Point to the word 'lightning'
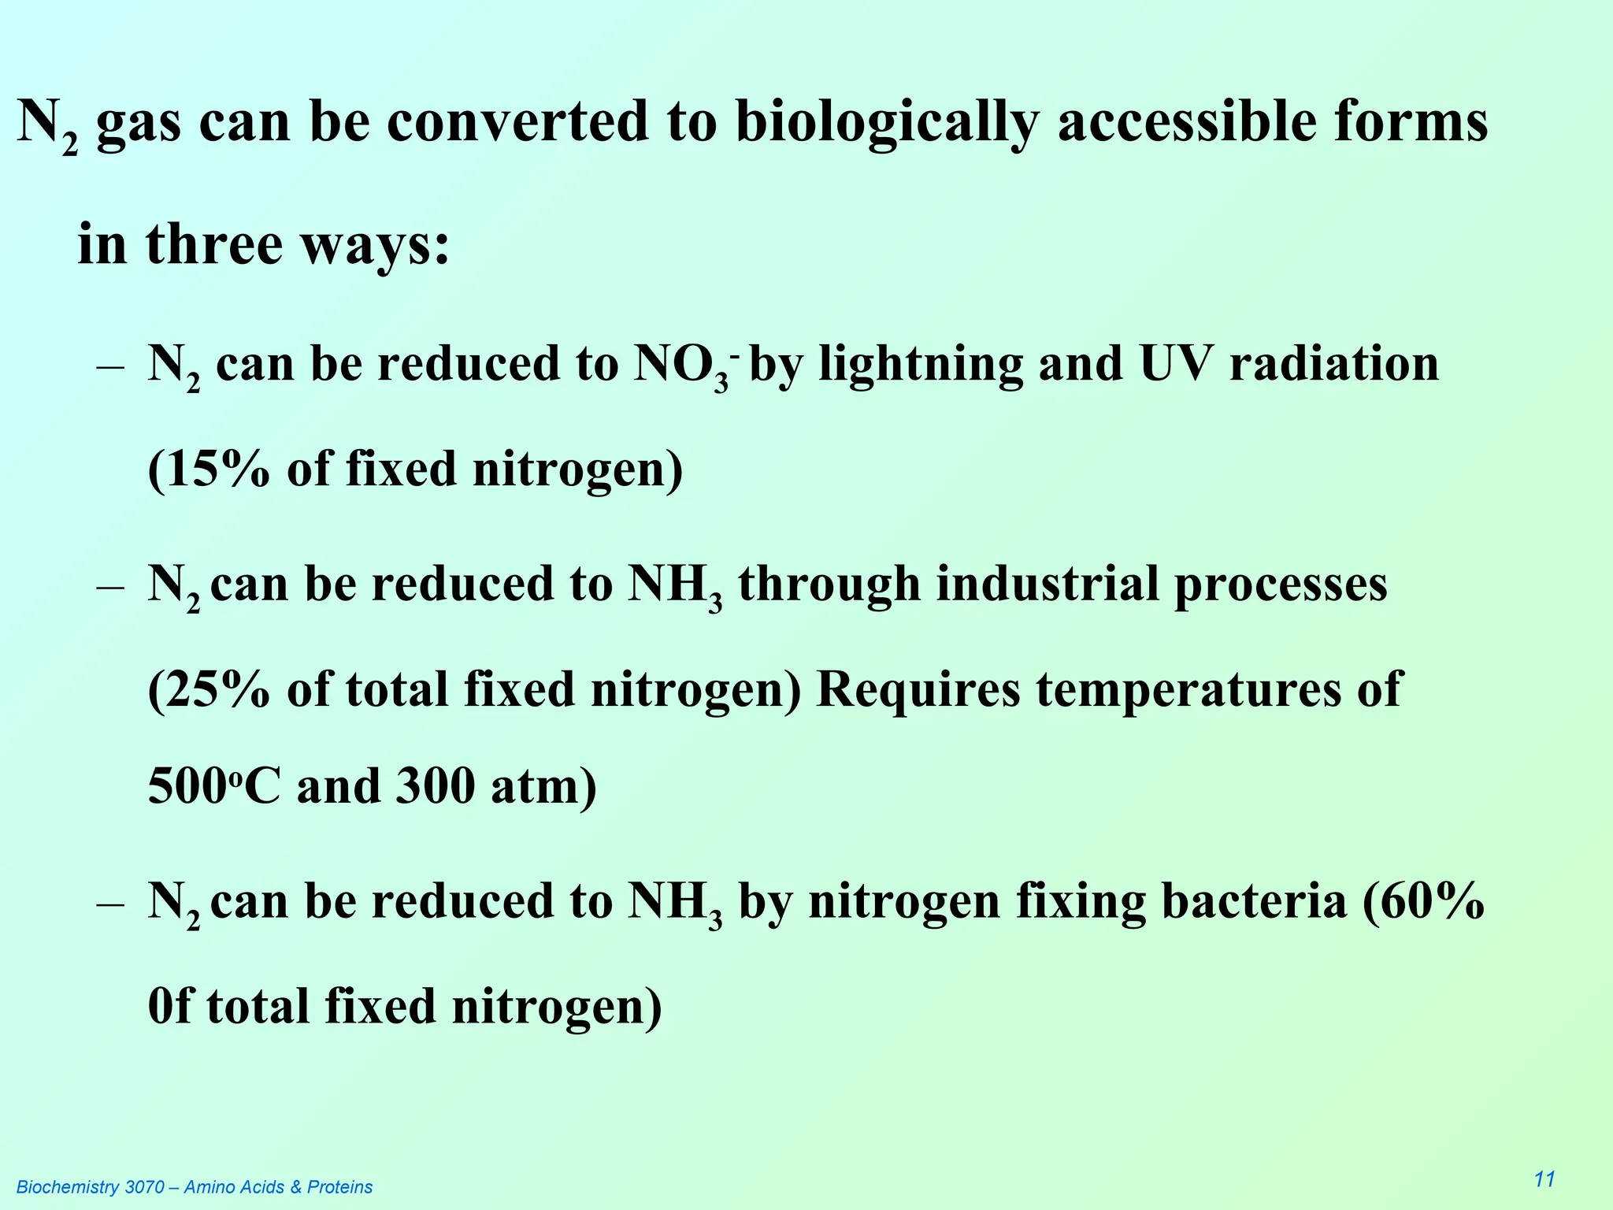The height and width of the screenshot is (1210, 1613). [920, 366]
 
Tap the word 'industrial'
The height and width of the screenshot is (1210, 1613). [1045, 585]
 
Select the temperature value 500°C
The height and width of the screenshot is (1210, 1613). [213, 786]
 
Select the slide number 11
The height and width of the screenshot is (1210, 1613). [1544, 1179]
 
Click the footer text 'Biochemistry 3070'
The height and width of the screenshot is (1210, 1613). [91, 1187]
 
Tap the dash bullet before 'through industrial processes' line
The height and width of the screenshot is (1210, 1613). [110, 588]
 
